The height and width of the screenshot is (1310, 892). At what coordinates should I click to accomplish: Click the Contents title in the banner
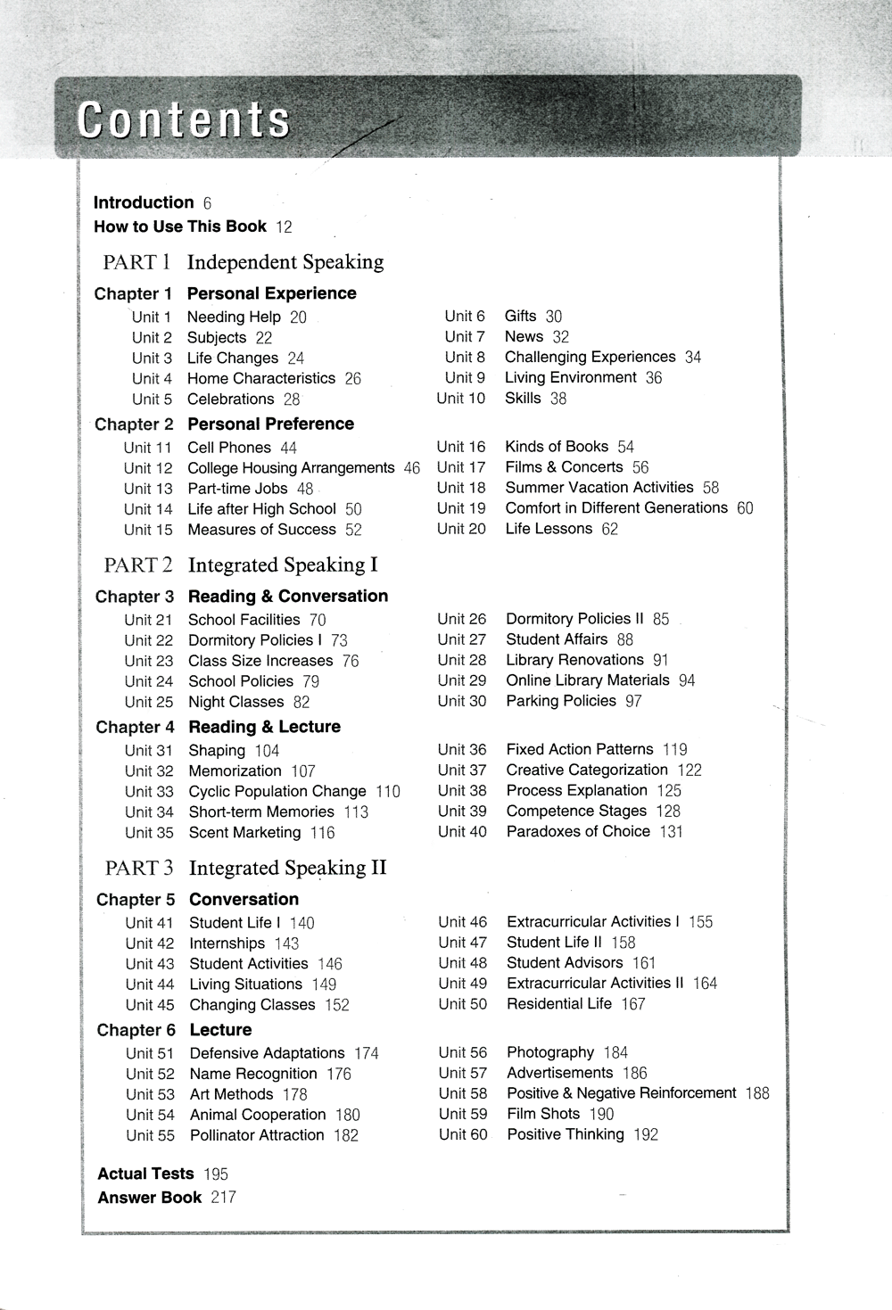[x=184, y=120]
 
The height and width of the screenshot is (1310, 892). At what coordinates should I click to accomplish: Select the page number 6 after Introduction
[x=207, y=203]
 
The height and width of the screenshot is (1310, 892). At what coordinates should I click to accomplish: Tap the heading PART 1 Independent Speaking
[x=244, y=262]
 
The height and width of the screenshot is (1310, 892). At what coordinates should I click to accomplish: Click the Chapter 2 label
[x=134, y=424]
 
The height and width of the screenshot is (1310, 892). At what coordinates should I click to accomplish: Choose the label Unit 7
[x=465, y=337]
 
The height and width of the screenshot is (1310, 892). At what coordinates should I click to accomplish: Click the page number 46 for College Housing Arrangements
[x=411, y=468]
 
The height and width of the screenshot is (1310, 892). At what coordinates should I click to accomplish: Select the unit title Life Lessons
[x=549, y=529]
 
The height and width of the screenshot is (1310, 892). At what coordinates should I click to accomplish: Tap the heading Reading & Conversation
[x=288, y=597]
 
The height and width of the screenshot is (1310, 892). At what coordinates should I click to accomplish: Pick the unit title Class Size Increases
[x=260, y=661]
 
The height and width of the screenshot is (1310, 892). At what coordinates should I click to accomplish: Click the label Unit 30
[x=462, y=701]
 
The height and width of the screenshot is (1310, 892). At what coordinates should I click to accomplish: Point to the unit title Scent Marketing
[x=244, y=833]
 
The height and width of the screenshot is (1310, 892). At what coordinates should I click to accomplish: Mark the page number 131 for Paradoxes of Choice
[x=672, y=832]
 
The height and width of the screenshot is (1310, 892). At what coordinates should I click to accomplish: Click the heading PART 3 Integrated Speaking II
[x=245, y=869]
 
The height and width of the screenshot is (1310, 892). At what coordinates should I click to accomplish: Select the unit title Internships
[x=227, y=943]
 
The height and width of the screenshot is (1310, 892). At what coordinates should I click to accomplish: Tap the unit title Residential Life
[x=559, y=1004]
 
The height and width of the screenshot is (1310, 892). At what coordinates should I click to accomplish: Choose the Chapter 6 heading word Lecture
[x=220, y=1030]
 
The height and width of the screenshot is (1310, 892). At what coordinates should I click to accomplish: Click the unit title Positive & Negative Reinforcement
[x=622, y=1093]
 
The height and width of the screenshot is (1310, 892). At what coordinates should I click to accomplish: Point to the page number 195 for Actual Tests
[x=216, y=1174]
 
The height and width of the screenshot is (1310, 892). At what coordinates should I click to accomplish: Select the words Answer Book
[x=149, y=1198]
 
